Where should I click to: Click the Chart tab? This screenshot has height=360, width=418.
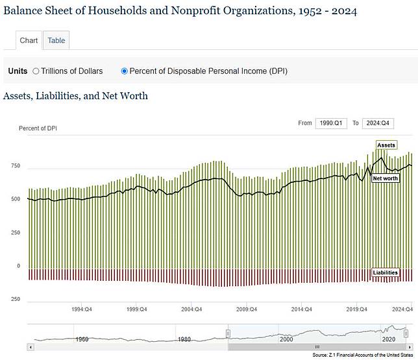click(29, 40)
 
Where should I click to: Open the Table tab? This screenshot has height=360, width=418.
click(56, 40)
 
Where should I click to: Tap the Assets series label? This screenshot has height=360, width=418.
click(386, 145)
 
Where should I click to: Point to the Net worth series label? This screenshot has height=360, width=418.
click(385, 178)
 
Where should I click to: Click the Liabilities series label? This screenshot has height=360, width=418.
click(385, 272)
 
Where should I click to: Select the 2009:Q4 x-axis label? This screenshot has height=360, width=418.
click(246, 309)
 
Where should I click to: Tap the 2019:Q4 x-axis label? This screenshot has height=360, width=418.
click(356, 309)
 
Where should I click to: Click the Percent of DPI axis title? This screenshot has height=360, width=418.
click(38, 128)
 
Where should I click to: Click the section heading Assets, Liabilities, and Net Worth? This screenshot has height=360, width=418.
click(75, 96)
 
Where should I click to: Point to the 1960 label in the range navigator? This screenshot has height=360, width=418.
click(82, 339)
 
